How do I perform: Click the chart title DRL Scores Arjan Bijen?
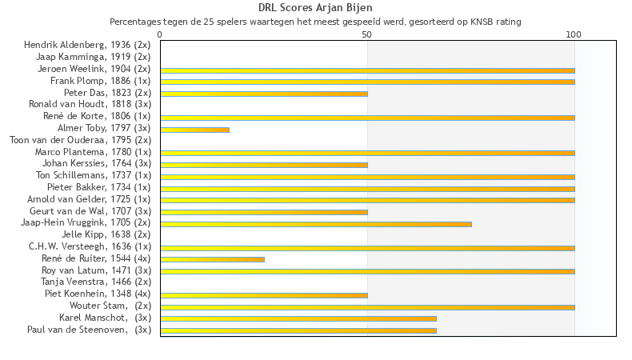click(x=315, y=8)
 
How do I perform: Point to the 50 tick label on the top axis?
click(x=366, y=34)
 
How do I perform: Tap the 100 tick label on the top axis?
click(x=574, y=34)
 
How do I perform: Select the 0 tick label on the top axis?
click(x=160, y=34)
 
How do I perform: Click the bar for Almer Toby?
click(x=195, y=130)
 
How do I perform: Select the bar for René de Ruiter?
click(x=213, y=260)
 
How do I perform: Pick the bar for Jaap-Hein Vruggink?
click(x=316, y=224)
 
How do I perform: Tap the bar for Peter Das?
click(x=264, y=94)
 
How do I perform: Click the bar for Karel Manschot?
click(x=298, y=319)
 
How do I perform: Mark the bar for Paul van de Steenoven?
click(x=298, y=331)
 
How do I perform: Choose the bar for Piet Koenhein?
click(x=264, y=295)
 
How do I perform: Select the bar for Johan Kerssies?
click(x=264, y=165)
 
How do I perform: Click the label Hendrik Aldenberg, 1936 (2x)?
click(x=87, y=45)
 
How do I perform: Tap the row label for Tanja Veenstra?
click(x=96, y=282)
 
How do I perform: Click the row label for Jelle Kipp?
click(x=106, y=234)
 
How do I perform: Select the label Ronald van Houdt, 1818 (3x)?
click(x=90, y=104)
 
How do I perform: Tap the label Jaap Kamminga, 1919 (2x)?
click(x=93, y=57)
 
